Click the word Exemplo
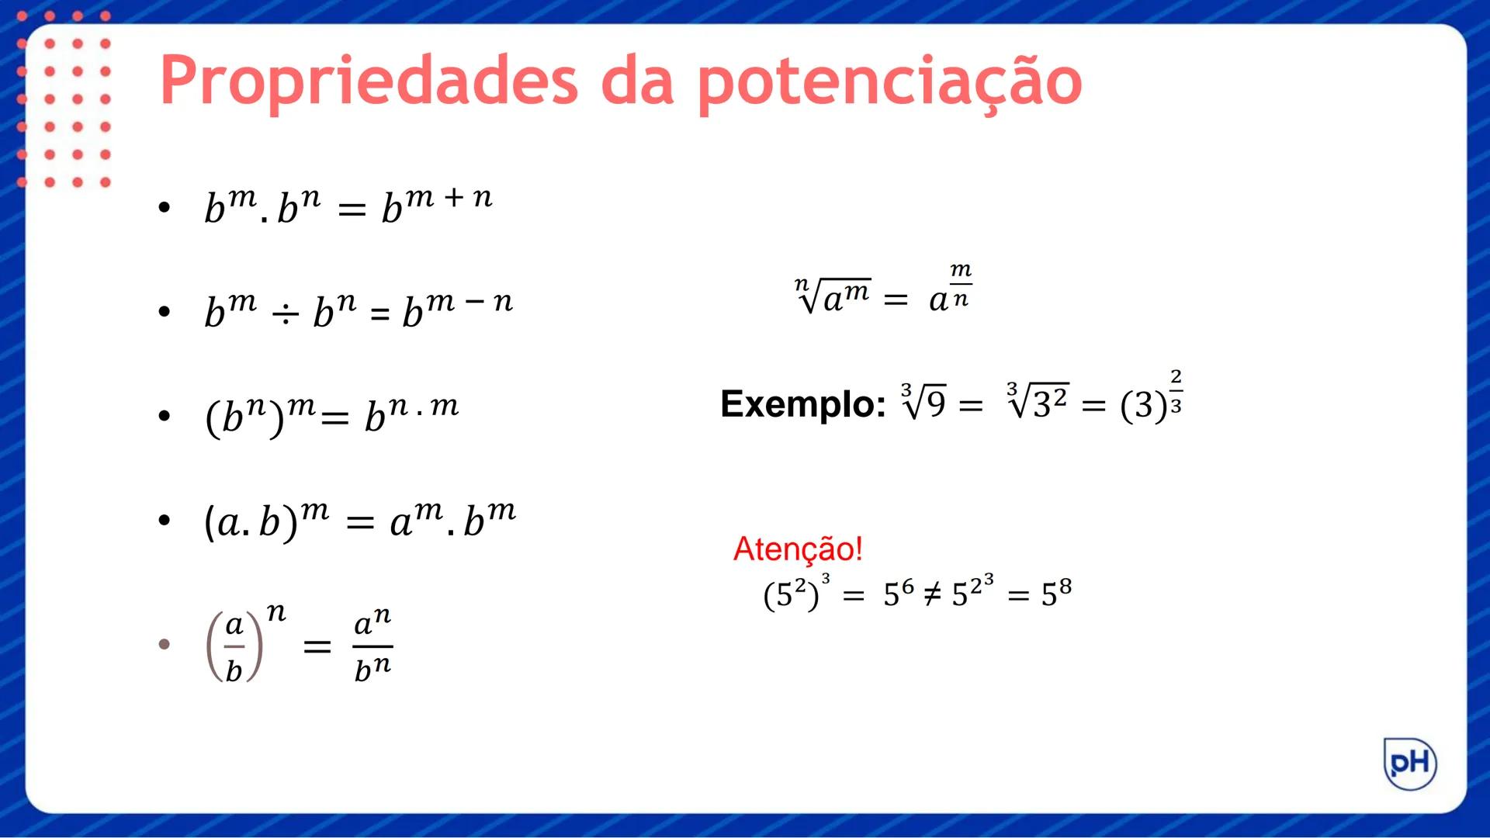[802, 403]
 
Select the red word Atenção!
[798, 549]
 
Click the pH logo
[1410, 764]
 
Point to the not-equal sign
[932, 594]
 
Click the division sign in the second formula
[285, 313]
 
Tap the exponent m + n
[449, 198]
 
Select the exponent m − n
[469, 301]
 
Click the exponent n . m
[423, 406]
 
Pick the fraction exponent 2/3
[1176, 392]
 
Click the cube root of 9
[923, 401]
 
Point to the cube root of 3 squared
[1037, 401]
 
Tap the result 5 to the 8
[1056, 593]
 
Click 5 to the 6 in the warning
[899, 594]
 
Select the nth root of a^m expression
[833, 295]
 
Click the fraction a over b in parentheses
[234, 646]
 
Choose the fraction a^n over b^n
[372, 646]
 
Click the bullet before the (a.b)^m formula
[164, 520]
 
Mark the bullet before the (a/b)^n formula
[164, 644]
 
